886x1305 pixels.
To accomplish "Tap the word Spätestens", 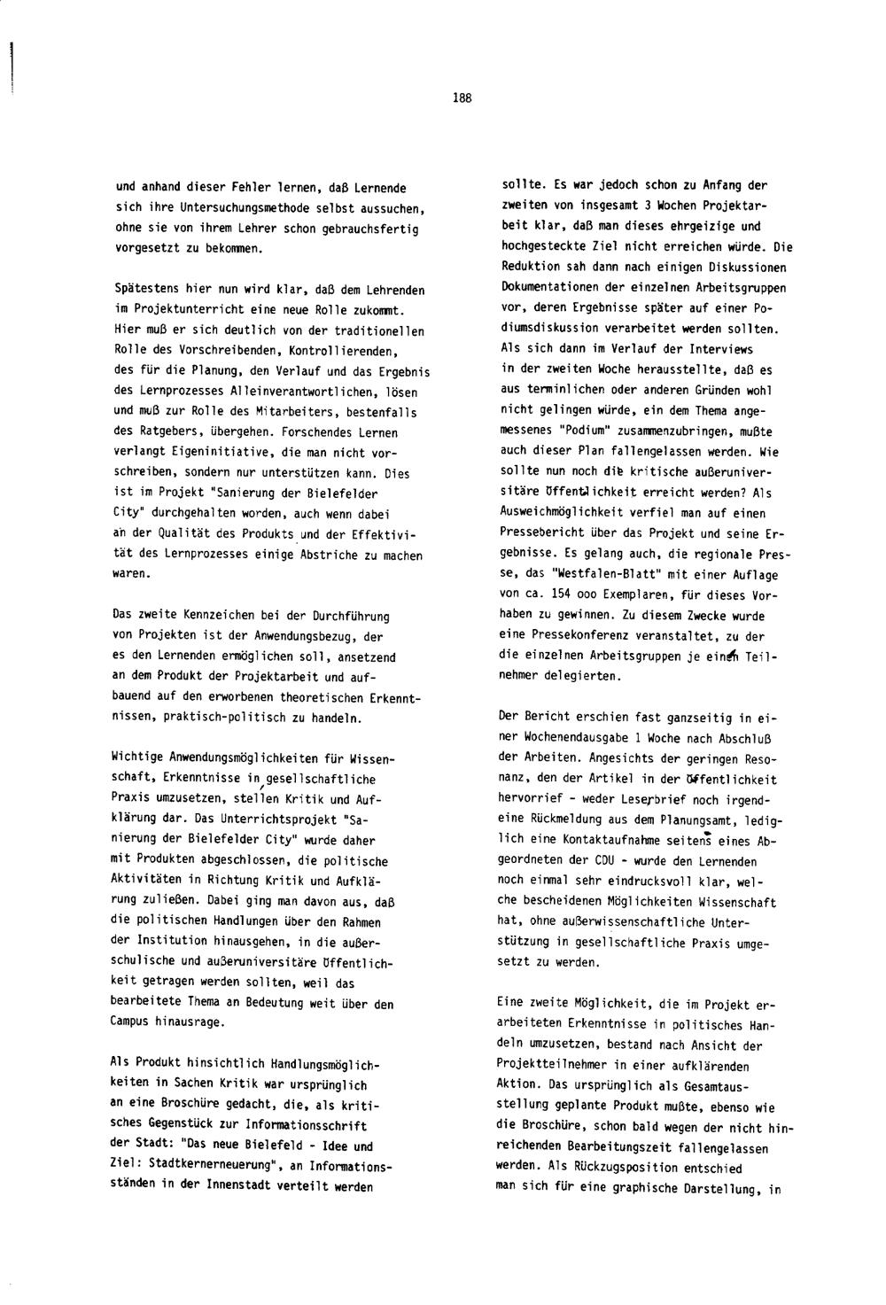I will pyautogui.click(x=145, y=291).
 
